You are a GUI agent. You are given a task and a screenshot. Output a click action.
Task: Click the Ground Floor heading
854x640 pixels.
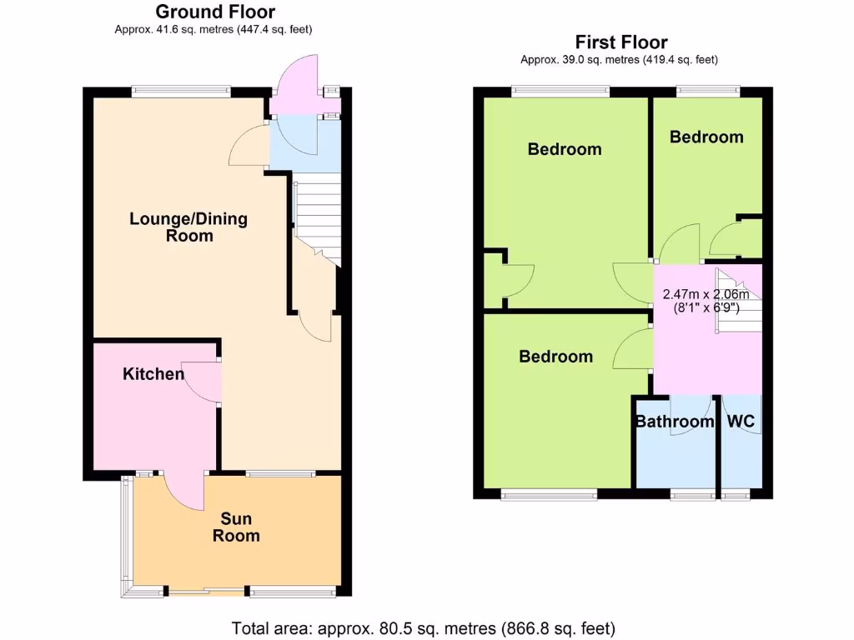point(215,12)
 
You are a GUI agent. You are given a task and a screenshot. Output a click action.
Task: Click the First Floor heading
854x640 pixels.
point(620,42)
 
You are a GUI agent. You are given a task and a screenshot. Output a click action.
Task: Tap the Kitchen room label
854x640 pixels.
point(153,373)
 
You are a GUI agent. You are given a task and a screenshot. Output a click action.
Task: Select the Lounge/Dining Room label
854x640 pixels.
point(188,227)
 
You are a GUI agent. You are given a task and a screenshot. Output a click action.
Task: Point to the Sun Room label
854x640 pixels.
point(236,527)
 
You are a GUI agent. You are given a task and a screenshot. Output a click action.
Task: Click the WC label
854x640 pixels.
point(741,422)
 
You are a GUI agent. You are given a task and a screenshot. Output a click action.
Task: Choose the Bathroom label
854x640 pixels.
point(675,422)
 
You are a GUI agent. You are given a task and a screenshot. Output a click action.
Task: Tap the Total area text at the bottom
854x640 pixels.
point(423,627)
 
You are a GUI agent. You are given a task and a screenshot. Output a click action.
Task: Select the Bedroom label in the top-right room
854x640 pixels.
point(706,137)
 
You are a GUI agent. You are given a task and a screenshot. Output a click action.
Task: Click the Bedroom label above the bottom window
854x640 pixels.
point(556,357)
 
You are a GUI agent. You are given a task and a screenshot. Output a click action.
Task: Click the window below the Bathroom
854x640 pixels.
point(691,495)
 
